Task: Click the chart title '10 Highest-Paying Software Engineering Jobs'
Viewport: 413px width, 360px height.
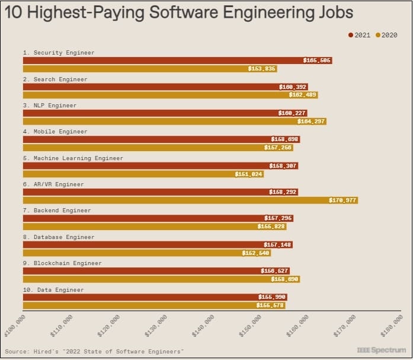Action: tap(180, 12)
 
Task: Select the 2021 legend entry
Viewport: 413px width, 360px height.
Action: tap(360, 35)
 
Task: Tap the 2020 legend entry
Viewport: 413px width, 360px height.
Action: tap(386, 35)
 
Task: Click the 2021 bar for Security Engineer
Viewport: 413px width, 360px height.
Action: tap(177, 60)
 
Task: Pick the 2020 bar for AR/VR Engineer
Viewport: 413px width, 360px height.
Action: tap(190, 200)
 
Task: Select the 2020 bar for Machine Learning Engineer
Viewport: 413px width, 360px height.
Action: tap(143, 174)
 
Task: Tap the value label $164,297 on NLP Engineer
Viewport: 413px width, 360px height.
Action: tap(311, 122)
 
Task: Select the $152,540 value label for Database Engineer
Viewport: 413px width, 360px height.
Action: tap(256, 253)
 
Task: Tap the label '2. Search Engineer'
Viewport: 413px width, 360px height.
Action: tap(55, 79)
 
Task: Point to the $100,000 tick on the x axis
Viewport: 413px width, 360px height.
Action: tap(15, 326)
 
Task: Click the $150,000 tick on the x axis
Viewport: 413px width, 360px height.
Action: tap(251, 326)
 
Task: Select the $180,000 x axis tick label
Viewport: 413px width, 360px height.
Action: tap(392, 326)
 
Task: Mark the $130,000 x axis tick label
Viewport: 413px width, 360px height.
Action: tap(156, 326)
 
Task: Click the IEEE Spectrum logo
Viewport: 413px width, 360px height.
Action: tap(382, 351)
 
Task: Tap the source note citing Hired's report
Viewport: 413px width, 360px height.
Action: tap(94, 352)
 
